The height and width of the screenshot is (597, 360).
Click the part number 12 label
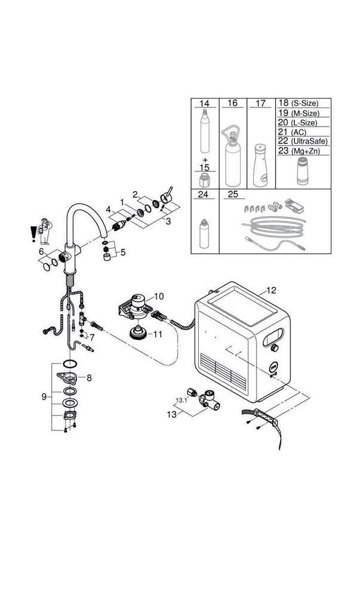pos(271,291)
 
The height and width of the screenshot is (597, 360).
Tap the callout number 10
pos(158,296)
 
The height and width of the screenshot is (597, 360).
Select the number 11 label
pos(157,334)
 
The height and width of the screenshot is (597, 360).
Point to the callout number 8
pos(89,377)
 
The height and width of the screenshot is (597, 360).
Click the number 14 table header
pos(205,103)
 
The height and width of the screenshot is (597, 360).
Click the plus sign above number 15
pos(204,160)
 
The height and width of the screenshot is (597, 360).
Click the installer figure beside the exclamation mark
pos(44,231)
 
